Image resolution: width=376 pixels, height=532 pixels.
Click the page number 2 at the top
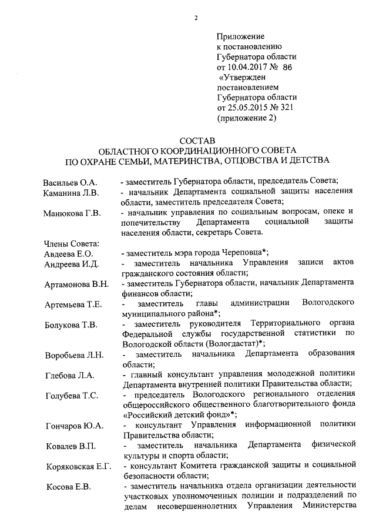(196, 18)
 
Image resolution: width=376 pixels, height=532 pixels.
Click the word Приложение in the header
(241, 36)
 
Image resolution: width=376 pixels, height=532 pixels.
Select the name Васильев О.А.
(70, 182)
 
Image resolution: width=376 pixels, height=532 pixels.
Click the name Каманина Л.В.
(72, 192)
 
